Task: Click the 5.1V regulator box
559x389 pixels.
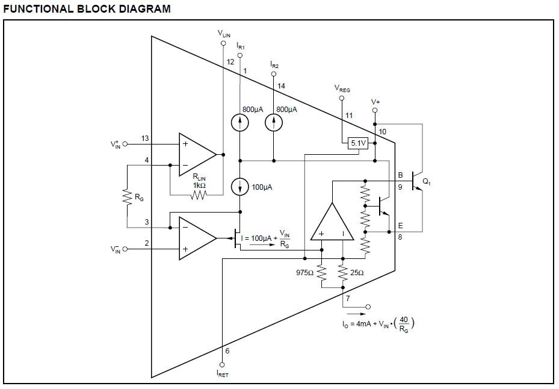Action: pos(358,143)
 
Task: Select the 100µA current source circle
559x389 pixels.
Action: pos(240,187)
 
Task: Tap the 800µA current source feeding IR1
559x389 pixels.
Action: pos(240,123)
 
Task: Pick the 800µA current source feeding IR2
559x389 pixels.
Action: pos(274,123)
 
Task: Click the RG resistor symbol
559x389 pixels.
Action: pos(128,197)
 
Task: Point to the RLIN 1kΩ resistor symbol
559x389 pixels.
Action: pos(199,195)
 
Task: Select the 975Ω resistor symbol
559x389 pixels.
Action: pos(321,273)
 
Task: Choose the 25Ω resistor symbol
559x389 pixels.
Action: pos(342,273)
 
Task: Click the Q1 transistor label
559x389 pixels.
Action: pos(427,182)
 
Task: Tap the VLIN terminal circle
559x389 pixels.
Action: pos(223,43)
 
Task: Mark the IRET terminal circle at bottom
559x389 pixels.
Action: pos(222,365)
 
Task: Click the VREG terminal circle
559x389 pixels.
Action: pos(342,98)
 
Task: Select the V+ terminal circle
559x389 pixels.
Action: pos(375,110)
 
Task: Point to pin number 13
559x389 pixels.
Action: pos(145,138)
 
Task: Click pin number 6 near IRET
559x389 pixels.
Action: pos(227,351)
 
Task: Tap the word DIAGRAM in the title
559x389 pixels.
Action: pos(145,8)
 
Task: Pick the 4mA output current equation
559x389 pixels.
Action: pos(378,324)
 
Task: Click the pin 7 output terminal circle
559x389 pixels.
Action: pos(368,307)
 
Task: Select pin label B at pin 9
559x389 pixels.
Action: pos(400,175)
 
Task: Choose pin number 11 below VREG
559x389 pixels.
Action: pos(349,115)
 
